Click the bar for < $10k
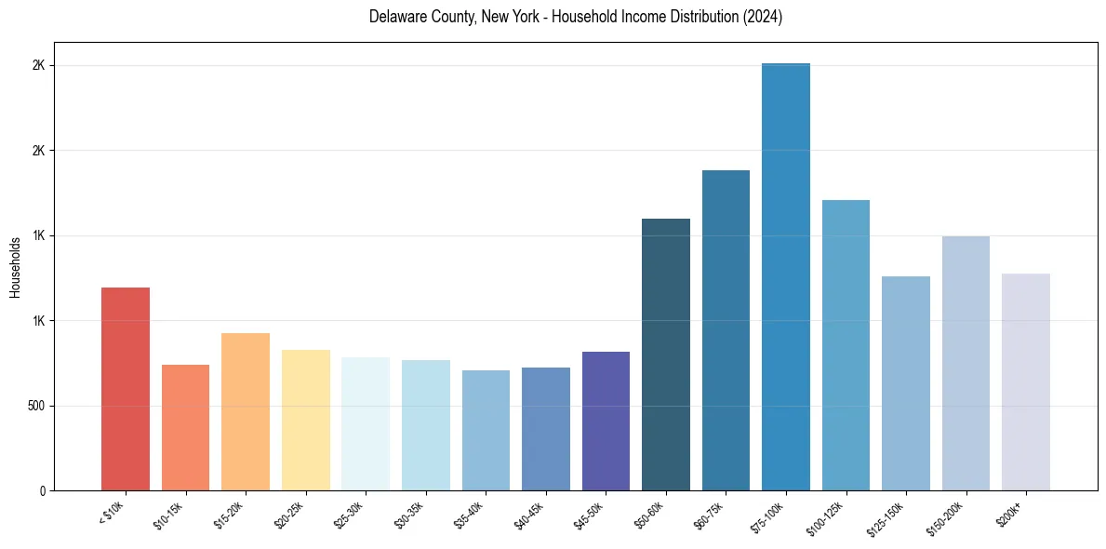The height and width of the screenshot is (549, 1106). (126, 389)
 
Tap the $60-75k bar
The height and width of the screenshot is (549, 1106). (726, 330)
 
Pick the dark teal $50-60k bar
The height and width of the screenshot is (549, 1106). (666, 355)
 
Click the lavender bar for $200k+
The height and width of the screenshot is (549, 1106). (1026, 382)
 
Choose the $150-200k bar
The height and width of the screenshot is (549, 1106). (966, 363)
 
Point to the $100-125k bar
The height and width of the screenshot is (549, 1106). (846, 345)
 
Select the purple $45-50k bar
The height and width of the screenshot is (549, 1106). (606, 421)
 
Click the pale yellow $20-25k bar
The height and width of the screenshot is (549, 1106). (305, 420)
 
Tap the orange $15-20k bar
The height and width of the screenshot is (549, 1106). (246, 411)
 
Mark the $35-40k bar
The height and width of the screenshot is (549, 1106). (486, 430)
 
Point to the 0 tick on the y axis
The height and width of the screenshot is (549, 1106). (43, 490)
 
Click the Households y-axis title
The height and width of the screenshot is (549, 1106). (15, 267)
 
